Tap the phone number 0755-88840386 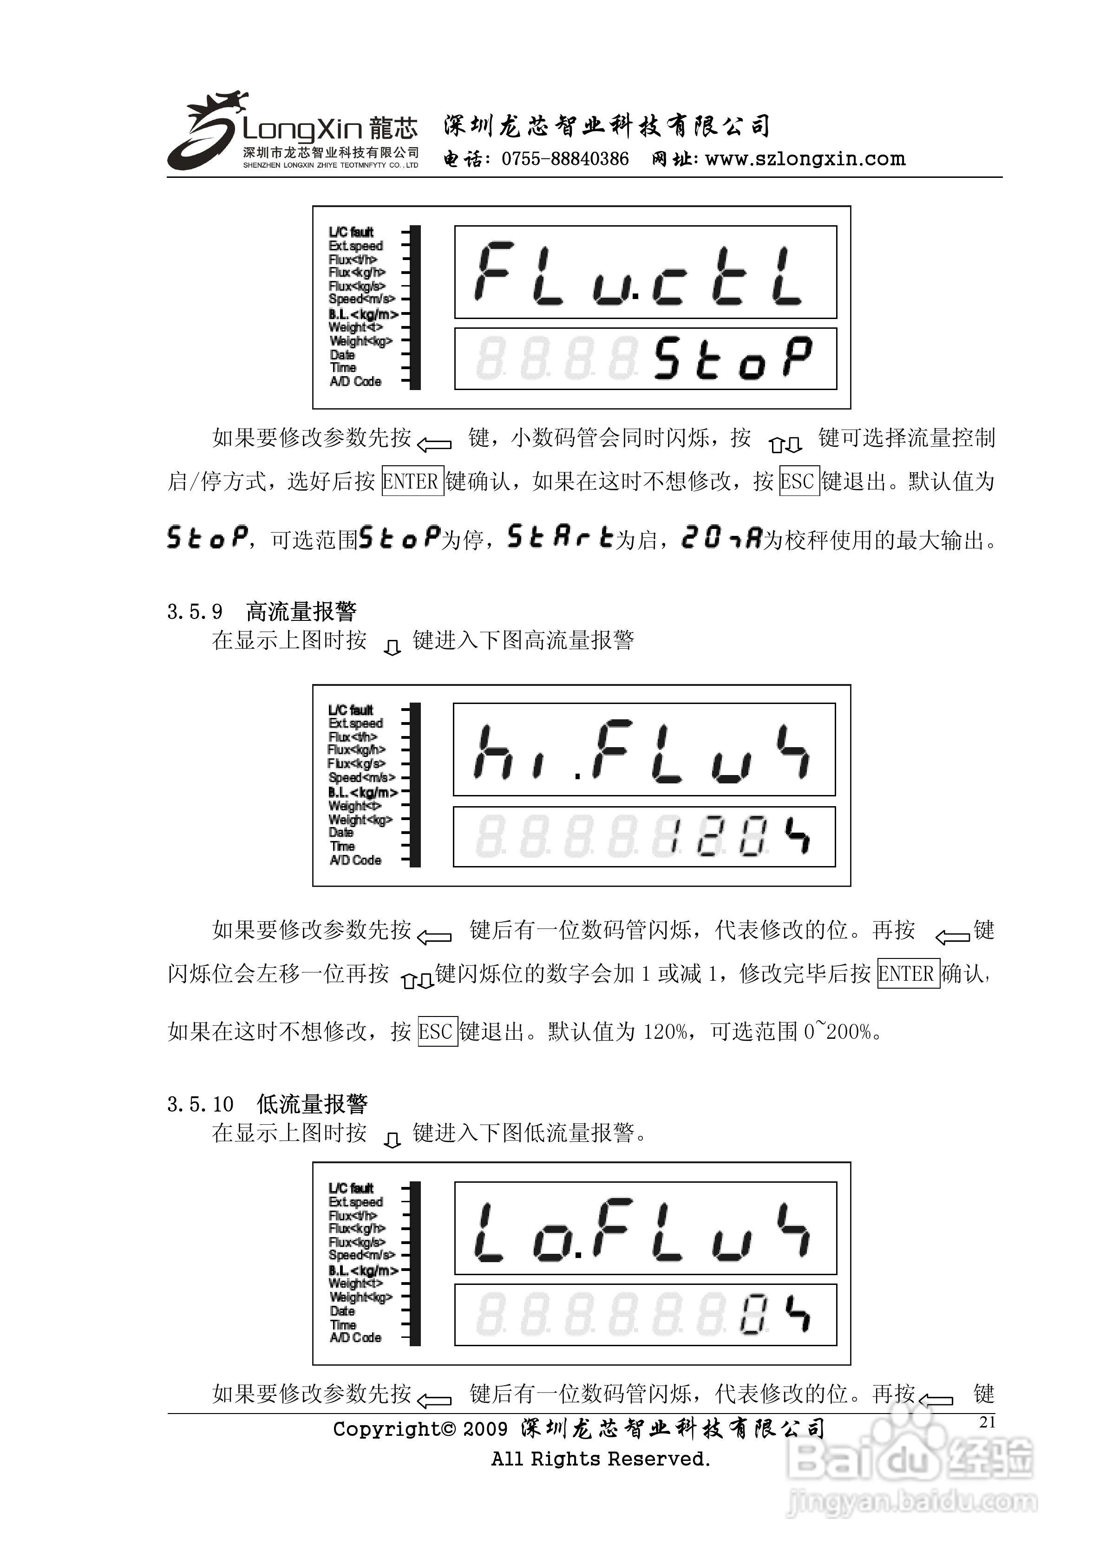coord(565,159)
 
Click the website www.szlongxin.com coord(805,159)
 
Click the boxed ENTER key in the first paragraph coord(412,482)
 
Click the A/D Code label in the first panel coord(355,381)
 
